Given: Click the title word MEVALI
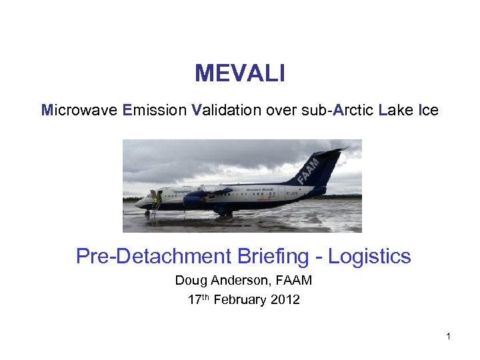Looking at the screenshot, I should [240, 73].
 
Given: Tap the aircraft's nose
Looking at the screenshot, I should [138, 203].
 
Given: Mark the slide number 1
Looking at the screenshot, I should [449, 337].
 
